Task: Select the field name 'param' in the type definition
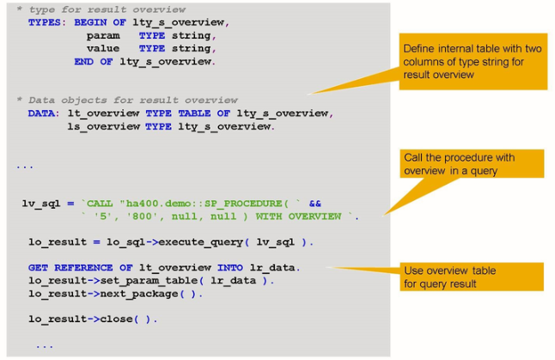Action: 103,35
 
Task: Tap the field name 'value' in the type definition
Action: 103,48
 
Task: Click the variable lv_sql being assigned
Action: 41,204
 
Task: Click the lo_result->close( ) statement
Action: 93,319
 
